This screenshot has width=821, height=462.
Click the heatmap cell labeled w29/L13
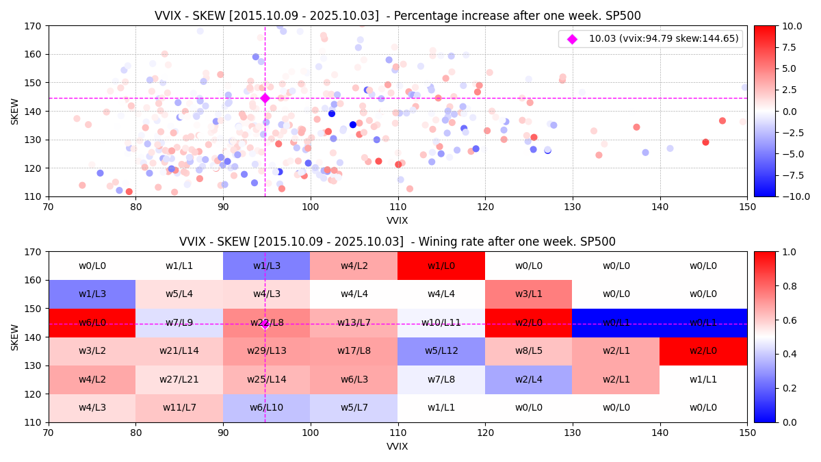pos(266,351)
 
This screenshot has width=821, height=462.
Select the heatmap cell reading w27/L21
pos(179,379)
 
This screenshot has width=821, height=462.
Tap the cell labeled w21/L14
pos(179,351)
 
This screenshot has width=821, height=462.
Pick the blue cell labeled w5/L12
pos(441,351)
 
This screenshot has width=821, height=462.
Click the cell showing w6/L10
pos(266,408)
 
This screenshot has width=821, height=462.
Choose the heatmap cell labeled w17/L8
pos(354,351)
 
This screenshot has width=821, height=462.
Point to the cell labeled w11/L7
pos(179,408)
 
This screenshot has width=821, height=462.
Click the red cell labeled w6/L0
pos(92,322)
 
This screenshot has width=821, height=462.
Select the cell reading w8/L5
pos(528,351)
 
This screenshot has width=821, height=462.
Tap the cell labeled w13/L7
pos(354,322)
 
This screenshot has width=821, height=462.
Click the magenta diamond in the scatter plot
pos(265,98)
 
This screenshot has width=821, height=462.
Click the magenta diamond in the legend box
pos(572,39)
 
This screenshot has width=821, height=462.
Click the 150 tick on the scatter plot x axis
pos(747,207)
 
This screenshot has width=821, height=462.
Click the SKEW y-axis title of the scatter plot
pos(15,111)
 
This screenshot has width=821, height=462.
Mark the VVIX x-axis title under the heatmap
pos(398,447)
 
